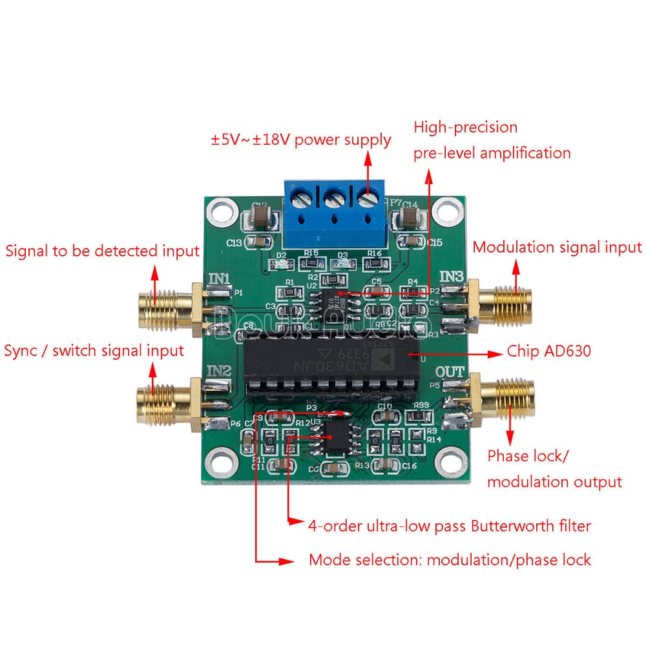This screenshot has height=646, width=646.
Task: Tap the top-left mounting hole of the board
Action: pos(224,211)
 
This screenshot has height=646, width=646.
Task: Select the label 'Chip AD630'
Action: pos(548,352)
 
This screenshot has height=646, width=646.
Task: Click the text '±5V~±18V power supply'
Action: pos(300,140)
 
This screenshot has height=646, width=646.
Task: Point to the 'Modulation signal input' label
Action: pos(557,247)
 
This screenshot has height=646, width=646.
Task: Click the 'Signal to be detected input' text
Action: pos(103,251)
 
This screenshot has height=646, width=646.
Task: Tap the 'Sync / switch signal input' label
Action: pos(94,351)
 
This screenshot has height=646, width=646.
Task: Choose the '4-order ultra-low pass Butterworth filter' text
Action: pos(450,526)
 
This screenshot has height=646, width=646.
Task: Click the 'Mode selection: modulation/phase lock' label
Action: pos(450,559)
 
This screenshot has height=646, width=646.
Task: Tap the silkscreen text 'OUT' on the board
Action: pos(450,373)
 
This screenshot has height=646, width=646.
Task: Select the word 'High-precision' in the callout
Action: pos(466,127)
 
